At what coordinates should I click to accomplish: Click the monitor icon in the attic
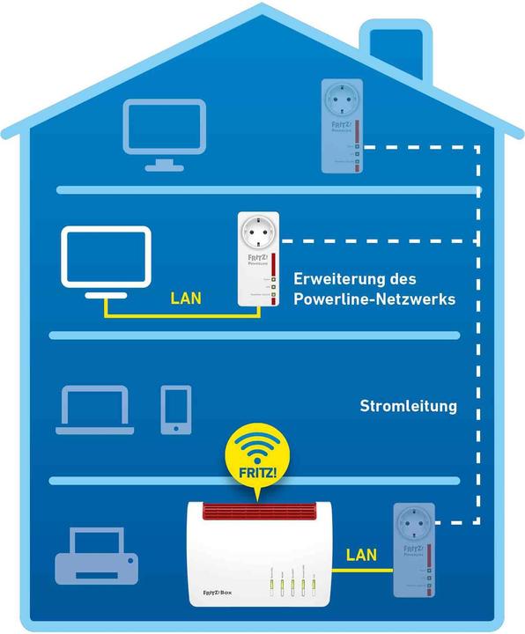click(165, 133)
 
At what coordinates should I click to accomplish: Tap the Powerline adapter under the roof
click(342, 125)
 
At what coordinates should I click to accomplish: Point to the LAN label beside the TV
click(185, 299)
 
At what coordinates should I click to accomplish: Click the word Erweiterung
click(337, 279)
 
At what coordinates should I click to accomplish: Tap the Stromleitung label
click(408, 407)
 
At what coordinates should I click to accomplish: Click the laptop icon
click(94, 410)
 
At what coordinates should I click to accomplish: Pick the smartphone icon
click(175, 409)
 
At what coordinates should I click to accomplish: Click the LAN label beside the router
click(361, 556)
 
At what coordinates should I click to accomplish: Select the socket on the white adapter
click(257, 234)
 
